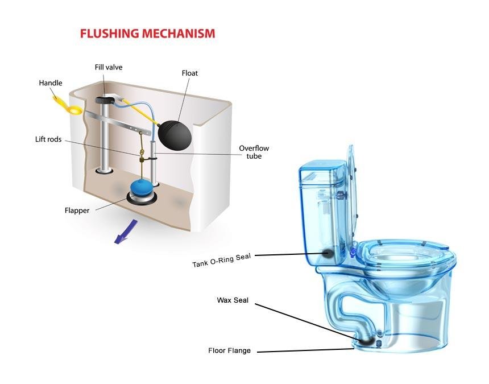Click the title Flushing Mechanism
tap(147, 34)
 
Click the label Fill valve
tap(109, 67)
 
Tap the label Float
tap(189, 73)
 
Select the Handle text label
tap(51, 83)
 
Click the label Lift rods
tap(48, 139)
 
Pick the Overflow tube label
tap(254, 152)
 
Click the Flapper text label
tap(77, 210)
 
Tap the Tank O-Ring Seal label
tap(221, 259)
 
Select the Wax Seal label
tap(233, 299)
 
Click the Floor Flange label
tap(229, 350)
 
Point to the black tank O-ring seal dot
tap(328, 254)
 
